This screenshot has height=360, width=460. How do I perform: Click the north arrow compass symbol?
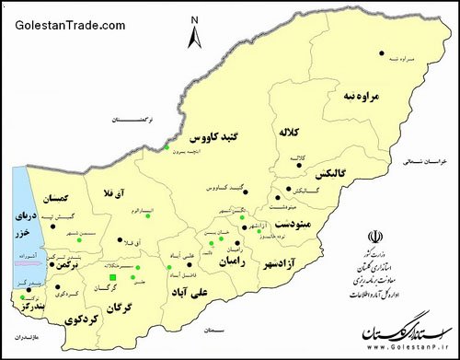click(x=195, y=35)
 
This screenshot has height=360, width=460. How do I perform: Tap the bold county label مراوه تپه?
click(x=360, y=96)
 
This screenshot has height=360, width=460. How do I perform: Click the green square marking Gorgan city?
click(x=113, y=278)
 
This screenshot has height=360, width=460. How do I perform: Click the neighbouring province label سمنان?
click(x=216, y=329)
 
